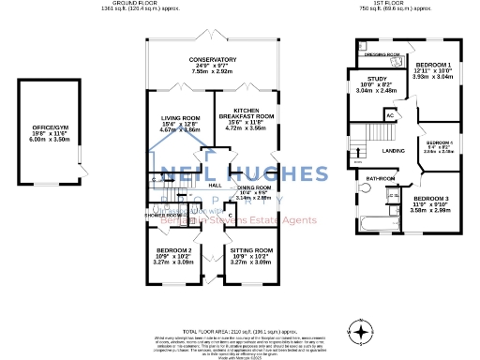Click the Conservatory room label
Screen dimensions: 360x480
click(x=213, y=60)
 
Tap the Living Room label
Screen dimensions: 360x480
click(x=181, y=118)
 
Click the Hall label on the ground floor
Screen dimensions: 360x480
click(x=215, y=185)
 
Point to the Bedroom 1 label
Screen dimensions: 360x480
click(x=432, y=65)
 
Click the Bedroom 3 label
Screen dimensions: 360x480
click(x=432, y=200)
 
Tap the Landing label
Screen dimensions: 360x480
click(x=395, y=150)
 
